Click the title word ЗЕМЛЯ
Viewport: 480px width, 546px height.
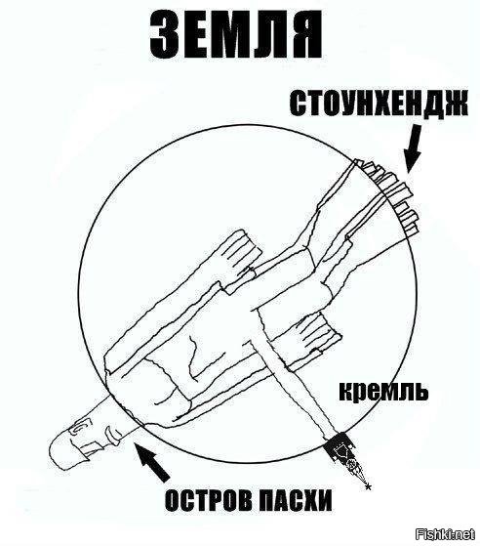coord(236,36)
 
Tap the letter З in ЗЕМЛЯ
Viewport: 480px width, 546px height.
coord(165,36)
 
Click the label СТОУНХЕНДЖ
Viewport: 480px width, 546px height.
coord(379,104)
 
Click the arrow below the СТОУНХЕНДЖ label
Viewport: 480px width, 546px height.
coord(413,149)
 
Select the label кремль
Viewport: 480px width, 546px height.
coord(383,391)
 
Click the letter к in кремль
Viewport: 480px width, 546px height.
coord(345,392)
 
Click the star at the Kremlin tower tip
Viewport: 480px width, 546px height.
coord(368,486)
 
